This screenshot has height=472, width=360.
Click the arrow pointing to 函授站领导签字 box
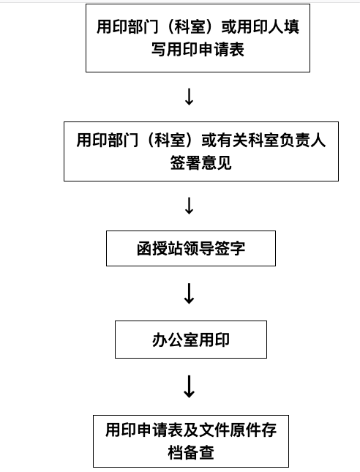point(189,206)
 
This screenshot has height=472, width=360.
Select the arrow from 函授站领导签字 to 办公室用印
point(189,293)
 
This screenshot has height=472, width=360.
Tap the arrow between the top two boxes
point(189,97)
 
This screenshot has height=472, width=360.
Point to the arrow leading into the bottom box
point(189,386)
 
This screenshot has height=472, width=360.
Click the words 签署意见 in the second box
point(200,162)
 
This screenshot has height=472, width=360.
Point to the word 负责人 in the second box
point(302,140)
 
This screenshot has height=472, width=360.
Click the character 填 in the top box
point(291,27)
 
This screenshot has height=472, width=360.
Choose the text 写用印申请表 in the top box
point(198,50)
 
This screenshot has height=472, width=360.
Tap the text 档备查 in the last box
point(190,452)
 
